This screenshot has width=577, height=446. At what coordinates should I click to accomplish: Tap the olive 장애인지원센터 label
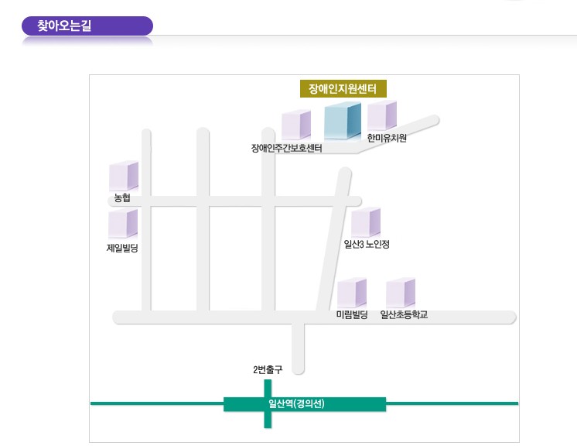coord(343,89)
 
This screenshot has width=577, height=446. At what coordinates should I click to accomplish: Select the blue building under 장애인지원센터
coord(342,121)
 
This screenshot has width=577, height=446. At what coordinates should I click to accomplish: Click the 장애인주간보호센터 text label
coord(287,148)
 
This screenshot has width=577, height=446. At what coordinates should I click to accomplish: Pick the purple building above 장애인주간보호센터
coord(295,125)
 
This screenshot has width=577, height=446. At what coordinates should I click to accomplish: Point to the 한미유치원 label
coord(387,139)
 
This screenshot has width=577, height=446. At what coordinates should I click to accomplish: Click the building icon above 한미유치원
coord(381,115)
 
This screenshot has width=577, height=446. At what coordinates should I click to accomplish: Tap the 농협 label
coord(122,198)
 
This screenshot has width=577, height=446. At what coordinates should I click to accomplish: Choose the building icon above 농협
coord(123,176)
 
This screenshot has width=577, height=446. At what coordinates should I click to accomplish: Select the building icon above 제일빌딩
coord(123,224)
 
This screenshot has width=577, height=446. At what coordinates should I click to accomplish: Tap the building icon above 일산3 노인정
coord(366,223)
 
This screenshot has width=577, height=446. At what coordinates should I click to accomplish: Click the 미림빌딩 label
coord(352,314)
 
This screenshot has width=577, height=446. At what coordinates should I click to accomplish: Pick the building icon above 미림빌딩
coord(352,293)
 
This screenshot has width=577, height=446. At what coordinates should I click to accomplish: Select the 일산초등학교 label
coord(404,314)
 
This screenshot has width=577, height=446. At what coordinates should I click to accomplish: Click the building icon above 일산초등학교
coord(401,293)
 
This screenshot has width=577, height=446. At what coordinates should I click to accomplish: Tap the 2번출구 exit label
coord(268,370)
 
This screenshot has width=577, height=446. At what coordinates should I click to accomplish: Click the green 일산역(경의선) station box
coord(304,403)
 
